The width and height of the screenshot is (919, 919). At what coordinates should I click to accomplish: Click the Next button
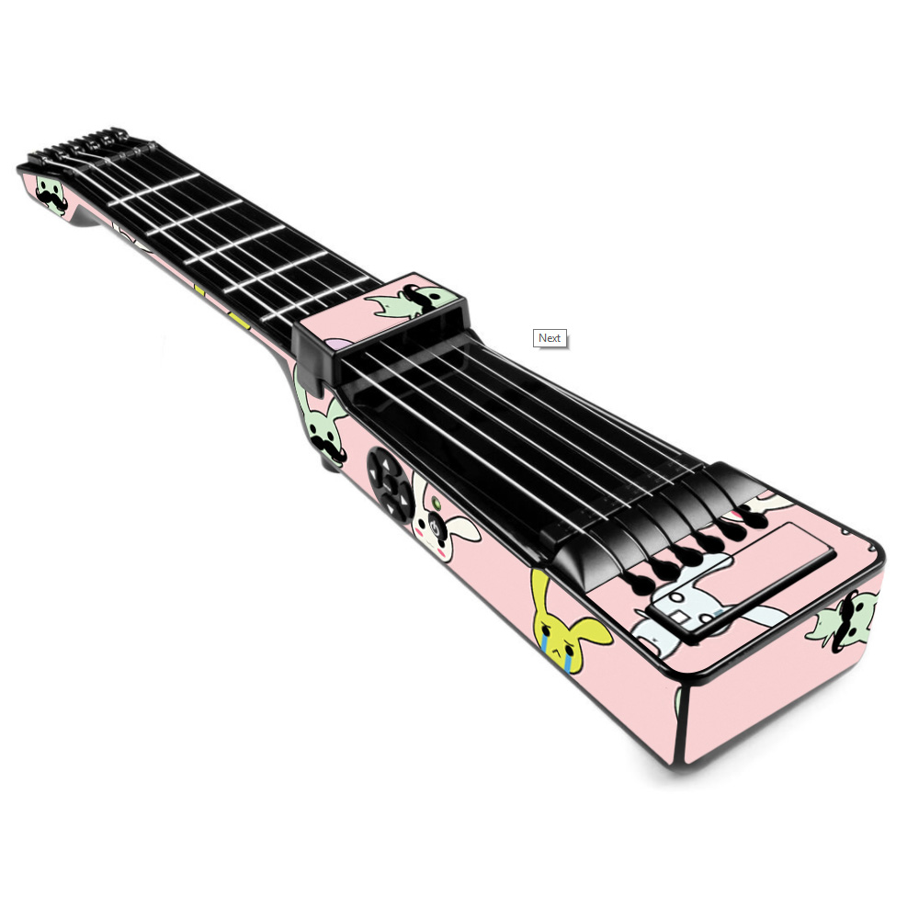pos(550,338)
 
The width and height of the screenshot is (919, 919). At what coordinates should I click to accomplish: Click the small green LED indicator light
pos(436,503)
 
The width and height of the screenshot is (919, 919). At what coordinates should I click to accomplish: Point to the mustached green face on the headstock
pos(51,193)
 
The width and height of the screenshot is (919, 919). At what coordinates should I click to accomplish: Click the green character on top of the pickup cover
pos(410,301)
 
